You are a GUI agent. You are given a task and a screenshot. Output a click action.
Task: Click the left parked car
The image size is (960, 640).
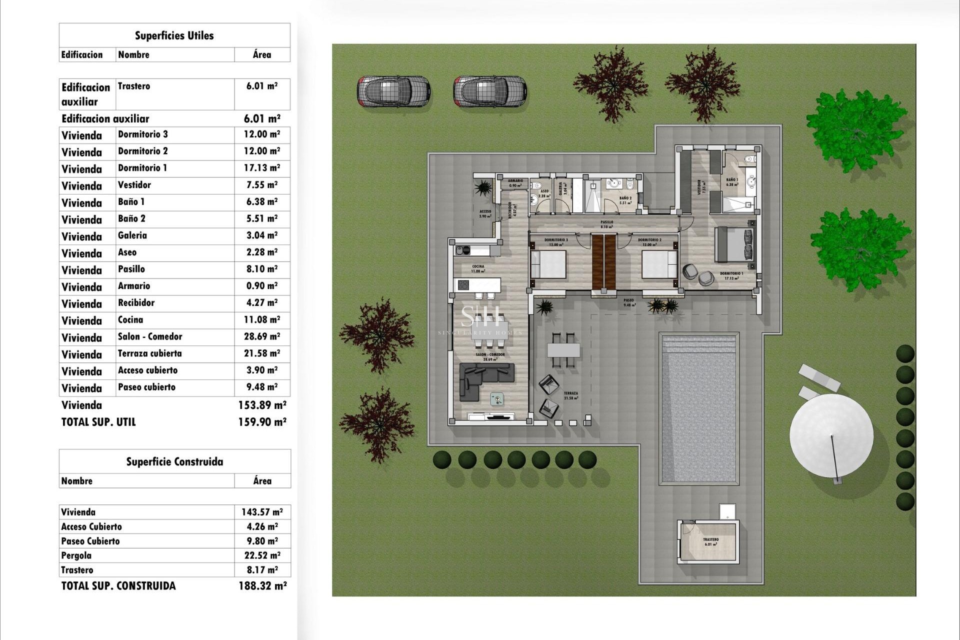[x=393, y=91]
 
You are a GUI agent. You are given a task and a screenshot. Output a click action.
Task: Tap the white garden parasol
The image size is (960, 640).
[x=831, y=435]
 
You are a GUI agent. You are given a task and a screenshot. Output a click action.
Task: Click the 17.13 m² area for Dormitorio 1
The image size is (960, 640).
[x=261, y=168]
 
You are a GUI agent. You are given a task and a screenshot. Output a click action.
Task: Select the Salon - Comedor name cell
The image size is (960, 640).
[x=150, y=336]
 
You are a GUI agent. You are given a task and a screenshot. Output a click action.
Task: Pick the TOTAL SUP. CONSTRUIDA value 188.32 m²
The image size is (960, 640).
[x=262, y=585]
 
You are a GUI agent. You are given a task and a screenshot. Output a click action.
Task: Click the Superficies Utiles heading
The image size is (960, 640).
[x=174, y=35]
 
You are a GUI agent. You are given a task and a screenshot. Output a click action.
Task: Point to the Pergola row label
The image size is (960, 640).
[x=76, y=555]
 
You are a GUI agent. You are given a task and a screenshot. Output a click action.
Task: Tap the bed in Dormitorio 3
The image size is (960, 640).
[x=548, y=264]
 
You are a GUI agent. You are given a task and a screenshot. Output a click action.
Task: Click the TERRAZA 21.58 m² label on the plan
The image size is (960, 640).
[x=570, y=395]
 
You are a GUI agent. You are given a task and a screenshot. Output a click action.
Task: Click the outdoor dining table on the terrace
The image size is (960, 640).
[x=563, y=349]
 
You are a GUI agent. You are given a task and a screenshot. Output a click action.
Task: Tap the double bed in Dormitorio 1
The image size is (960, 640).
[x=734, y=245]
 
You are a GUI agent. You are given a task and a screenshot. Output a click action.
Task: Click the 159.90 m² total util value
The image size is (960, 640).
[x=262, y=422]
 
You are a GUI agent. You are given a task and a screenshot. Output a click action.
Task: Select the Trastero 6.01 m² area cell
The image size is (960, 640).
[x=261, y=86]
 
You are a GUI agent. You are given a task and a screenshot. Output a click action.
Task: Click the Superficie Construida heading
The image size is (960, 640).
[x=174, y=461]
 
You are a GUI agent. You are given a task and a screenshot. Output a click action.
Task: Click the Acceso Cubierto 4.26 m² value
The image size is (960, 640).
[x=262, y=526]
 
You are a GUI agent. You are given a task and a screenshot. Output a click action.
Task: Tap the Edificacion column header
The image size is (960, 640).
[x=82, y=55]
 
